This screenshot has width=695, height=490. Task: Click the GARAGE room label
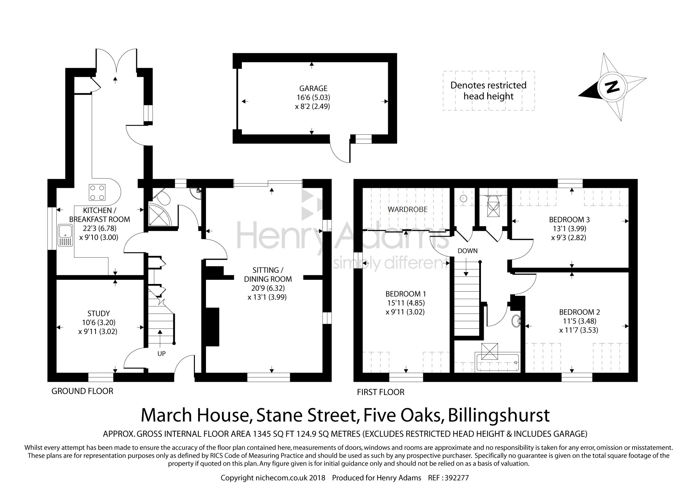(313, 88)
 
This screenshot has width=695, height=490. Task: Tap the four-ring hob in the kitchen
(97, 192)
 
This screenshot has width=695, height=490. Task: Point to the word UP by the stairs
(162, 354)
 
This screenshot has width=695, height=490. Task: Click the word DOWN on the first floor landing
(467, 251)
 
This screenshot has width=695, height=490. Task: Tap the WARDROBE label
(408, 210)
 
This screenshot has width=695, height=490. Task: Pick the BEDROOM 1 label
(406, 294)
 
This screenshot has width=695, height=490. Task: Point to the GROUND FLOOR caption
(82, 391)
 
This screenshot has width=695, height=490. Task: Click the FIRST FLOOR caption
(381, 392)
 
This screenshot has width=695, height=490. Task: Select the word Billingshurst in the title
(499, 415)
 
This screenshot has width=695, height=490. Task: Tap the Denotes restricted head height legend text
(489, 90)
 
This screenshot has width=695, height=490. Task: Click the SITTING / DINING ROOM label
(268, 275)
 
